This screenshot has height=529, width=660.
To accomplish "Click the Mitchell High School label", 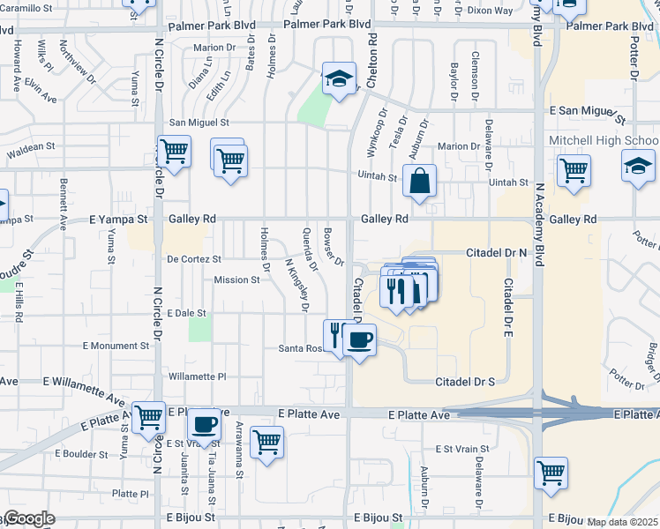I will (603, 141).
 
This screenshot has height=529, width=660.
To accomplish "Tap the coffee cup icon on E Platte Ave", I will (206, 425).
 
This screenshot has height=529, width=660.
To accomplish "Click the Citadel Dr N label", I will (496, 252).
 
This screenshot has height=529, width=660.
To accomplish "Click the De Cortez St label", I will (193, 259).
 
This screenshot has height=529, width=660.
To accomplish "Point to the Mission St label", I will (236, 280).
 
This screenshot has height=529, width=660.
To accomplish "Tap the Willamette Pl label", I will (198, 376).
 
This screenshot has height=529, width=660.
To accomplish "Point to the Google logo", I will (28, 518).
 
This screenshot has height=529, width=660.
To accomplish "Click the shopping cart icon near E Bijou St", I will (551, 472).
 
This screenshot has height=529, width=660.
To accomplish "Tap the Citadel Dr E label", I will (509, 301).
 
